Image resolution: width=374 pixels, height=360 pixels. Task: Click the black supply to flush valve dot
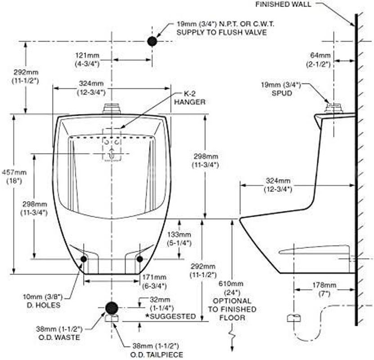[152, 41]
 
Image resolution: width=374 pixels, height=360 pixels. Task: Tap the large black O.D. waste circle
[112, 308]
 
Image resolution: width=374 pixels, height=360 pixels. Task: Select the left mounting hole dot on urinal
[84, 259]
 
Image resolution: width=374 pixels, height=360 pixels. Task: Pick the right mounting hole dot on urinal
[140, 259]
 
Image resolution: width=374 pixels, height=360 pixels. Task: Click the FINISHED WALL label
[283, 4]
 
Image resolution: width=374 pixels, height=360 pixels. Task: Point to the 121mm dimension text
[87, 55]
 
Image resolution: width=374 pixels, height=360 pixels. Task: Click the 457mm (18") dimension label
[14, 176]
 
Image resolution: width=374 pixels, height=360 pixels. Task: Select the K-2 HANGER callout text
[189, 98]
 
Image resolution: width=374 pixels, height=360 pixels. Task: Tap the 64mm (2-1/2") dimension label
[319, 60]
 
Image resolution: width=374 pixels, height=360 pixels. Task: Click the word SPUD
[282, 93]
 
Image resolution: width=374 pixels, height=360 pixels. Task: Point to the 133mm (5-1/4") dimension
[179, 238]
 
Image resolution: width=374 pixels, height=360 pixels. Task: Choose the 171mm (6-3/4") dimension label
[154, 282]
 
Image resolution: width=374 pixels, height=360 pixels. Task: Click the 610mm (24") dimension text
[231, 288]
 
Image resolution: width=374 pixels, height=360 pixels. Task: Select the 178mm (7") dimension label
[324, 289]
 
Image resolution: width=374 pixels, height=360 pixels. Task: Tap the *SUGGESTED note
[171, 316]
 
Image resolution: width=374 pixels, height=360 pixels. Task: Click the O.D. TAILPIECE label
[157, 355]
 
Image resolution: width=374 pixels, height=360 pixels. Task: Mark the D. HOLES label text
[43, 305]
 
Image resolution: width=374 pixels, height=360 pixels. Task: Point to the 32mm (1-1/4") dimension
[162, 303]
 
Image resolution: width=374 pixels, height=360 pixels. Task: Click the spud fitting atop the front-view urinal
[112, 108]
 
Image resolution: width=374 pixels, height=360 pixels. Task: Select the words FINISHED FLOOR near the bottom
[232, 314]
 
